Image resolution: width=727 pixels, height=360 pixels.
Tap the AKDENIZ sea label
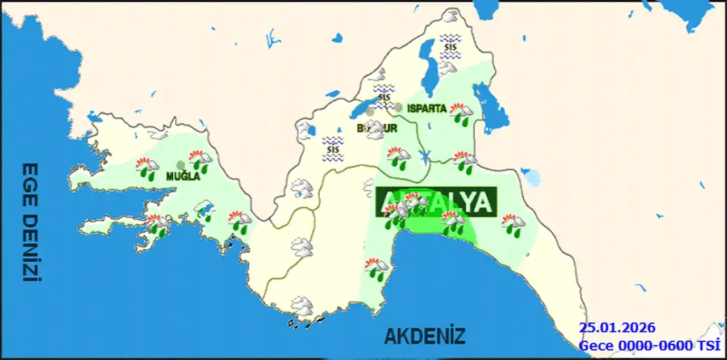pyautogui.click(x=425, y=336)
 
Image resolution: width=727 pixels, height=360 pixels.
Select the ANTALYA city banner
pyautogui.click(x=436, y=202)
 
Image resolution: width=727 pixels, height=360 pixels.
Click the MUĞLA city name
pyautogui.click(x=183, y=177)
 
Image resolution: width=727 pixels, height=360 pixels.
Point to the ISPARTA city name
pyautogui.click(x=427, y=108)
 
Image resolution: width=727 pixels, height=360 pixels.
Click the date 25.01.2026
pyautogui.click(x=617, y=328)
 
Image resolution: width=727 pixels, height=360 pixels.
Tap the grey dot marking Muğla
pyautogui.click(x=181, y=165)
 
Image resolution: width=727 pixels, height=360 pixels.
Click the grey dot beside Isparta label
pyautogui.click(x=399, y=107)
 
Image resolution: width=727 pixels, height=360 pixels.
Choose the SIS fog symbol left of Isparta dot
pyautogui.click(x=384, y=96)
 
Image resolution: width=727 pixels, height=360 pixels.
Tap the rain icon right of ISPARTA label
pyautogui.click(x=461, y=114)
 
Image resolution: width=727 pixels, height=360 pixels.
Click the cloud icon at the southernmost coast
pyautogui.click(x=302, y=307)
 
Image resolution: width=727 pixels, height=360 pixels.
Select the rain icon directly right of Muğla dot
pyautogui.click(x=200, y=161)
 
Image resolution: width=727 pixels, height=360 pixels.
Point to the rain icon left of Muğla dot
pyautogui.click(x=148, y=169)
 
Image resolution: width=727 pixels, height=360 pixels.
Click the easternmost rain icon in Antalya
pyautogui.click(x=513, y=225)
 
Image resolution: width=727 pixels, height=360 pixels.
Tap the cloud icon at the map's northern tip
pyautogui.click(x=452, y=17)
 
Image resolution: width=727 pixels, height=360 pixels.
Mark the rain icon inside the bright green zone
pyautogui.click(x=453, y=222)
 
